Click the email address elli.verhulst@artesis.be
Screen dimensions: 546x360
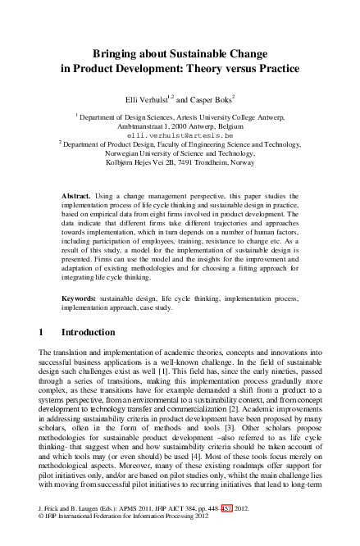181,133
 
